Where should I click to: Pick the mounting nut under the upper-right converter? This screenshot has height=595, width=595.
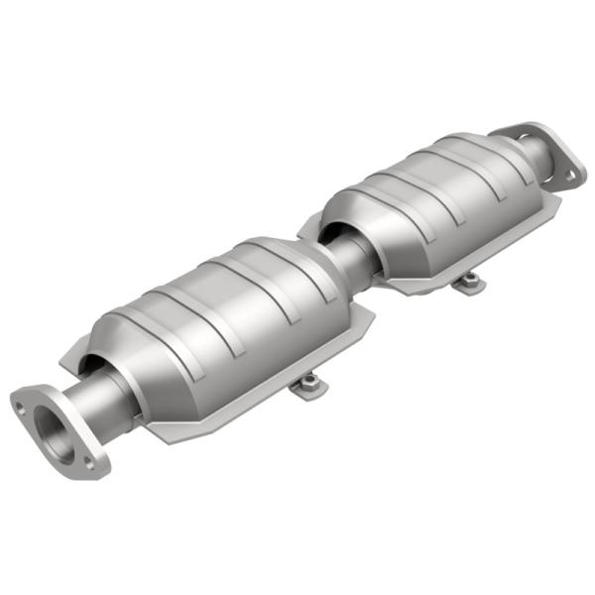[x=468, y=283]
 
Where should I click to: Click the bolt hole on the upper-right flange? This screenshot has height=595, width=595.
[x=569, y=176]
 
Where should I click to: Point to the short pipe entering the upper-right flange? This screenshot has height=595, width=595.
[x=536, y=158]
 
